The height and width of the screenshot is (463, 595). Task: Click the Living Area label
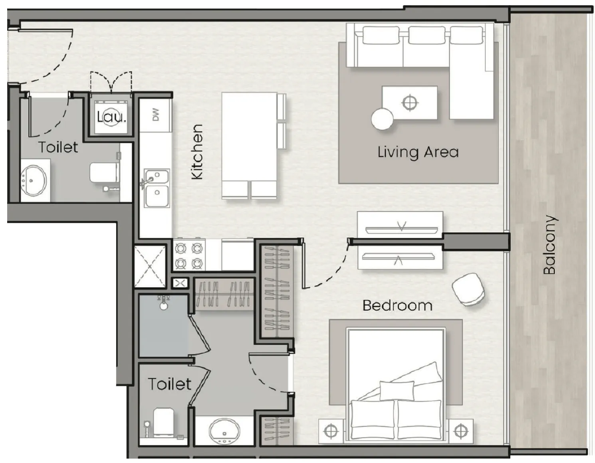pyautogui.click(x=418, y=152)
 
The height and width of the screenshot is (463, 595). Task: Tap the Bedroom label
pyautogui.click(x=397, y=306)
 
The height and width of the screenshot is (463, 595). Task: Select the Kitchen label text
pyautogui.click(x=197, y=152)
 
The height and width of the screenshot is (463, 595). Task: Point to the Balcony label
pyautogui.click(x=550, y=245)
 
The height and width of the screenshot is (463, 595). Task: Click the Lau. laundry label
pyautogui.click(x=111, y=117)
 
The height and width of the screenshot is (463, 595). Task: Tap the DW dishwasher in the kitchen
pyautogui.click(x=156, y=115)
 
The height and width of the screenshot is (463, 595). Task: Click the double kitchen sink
pyautogui.click(x=157, y=188)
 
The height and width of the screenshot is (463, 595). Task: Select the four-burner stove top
pyautogui.click(x=189, y=255)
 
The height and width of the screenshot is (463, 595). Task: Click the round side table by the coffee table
pyautogui.click(x=382, y=119)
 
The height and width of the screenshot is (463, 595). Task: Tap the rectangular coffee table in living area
pyautogui.click(x=409, y=103)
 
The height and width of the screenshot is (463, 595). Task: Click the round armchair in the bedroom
pyautogui.click(x=468, y=289)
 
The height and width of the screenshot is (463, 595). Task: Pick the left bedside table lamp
pyautogui.click(x=331, y=431)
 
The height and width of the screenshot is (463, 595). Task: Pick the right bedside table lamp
pyautogui.click(x=461, y=431)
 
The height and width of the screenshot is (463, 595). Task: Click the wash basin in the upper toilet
pyautogui.click(x=34, y=181)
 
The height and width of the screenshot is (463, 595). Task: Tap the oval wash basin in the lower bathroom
pyautogui.click(x=224, y=431)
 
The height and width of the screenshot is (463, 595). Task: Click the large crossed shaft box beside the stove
pyautogui.click(x=150, y=266)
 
